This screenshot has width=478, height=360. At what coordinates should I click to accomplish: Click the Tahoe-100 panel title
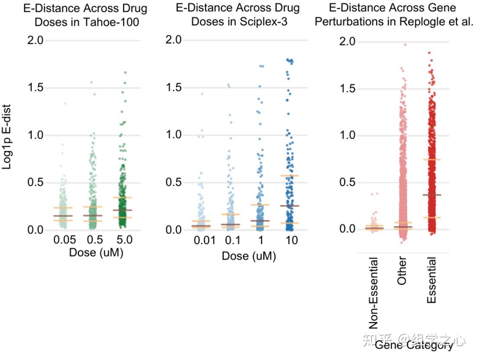click(85, 15)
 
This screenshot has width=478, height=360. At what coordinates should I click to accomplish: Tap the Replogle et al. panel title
click(394, 15)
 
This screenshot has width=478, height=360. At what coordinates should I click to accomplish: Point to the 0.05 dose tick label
click(65, 240)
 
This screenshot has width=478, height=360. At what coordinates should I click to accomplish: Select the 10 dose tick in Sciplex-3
click(292, 241)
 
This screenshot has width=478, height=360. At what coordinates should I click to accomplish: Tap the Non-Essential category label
click(374, 293)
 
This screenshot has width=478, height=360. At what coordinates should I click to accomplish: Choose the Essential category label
click(431, 280)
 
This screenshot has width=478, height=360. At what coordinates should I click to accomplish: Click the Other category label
click(402, 272)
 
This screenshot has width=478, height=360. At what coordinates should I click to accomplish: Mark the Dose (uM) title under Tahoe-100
click(96, 253)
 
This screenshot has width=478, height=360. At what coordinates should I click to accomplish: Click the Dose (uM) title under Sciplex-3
click(249, 256)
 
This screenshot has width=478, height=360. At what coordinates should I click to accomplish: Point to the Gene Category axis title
click(413, 345)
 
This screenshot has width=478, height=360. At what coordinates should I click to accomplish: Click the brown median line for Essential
click(431, 195)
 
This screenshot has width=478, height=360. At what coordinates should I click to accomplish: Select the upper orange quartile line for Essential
click(431, 160)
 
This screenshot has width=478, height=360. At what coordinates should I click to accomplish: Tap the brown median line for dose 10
click(289, 206)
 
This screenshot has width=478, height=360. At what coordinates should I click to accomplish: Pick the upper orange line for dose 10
click(289, 175)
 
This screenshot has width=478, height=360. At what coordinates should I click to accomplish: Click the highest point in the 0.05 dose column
click(65, 103)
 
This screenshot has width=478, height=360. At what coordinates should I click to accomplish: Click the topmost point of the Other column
click(405, 45)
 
